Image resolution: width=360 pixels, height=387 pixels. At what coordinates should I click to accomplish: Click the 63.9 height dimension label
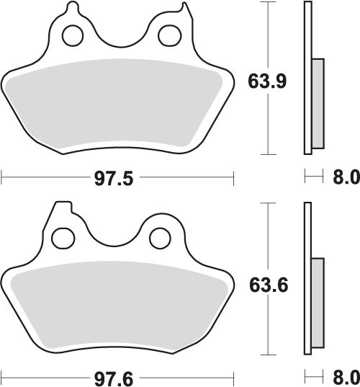[267, 81]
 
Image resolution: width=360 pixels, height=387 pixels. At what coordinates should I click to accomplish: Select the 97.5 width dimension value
[114, 179]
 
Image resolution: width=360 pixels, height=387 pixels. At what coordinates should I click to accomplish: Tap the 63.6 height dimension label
[269, 285]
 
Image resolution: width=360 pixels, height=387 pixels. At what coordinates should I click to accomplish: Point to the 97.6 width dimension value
[114, 379]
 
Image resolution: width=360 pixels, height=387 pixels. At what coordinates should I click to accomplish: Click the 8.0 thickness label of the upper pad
[346, 177]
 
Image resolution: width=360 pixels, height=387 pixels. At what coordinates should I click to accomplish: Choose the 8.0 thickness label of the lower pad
[346, 377]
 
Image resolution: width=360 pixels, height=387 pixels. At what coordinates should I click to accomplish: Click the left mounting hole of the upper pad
[73, 35]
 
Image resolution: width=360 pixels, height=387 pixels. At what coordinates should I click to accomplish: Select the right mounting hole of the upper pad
[169, 35]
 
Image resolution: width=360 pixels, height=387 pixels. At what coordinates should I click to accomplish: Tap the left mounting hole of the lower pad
[63, 239]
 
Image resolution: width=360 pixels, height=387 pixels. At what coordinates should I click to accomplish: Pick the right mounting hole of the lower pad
[161, 239]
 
